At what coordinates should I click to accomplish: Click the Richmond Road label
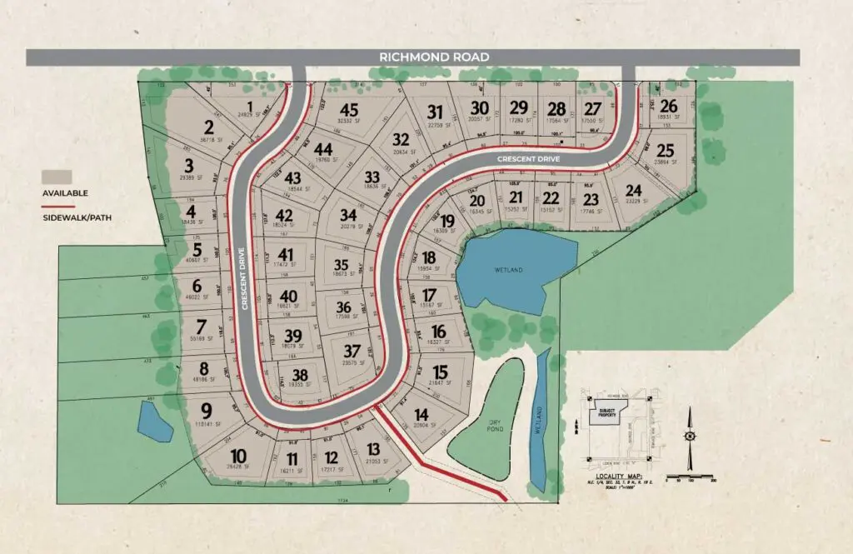[433, 57]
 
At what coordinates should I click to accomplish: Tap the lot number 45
[348, 111]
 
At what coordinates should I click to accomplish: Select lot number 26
[669, 106]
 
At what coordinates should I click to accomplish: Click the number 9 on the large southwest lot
[207, 409]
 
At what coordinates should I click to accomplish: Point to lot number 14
[422, 415]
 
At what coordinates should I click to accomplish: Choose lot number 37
[352, 350]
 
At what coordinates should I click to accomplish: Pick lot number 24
[634, 190]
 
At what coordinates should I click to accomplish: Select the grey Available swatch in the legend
[57, 177]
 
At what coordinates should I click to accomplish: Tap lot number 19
[447, 221]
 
